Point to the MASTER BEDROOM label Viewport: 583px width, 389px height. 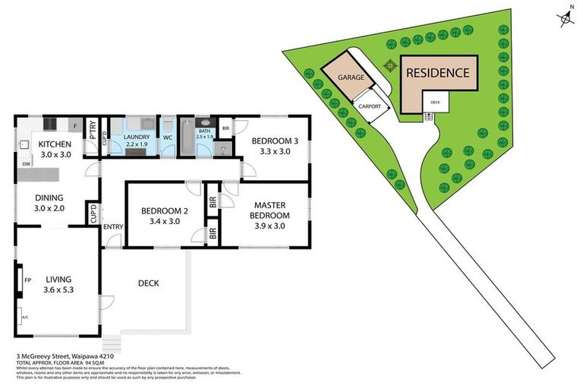click(x=269, y=210)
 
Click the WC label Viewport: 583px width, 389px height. click(x=169, y=138)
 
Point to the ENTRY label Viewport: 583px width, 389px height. click(x=113, y=226)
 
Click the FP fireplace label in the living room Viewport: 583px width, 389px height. click(x=28, y=280)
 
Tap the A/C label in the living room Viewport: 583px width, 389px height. click(x=25, y=317)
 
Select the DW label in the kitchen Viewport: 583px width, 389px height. click(x=26, y=163)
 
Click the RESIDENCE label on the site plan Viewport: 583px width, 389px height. click(x=437, y=74)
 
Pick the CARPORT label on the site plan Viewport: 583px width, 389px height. click(x=370, y=106)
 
